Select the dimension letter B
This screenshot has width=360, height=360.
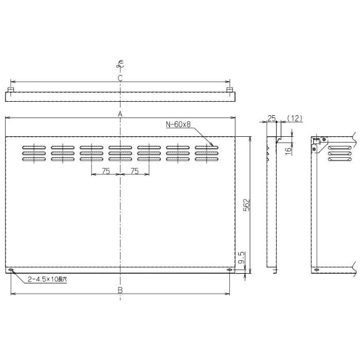(119, 290)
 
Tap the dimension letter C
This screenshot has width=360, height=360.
(119, 78)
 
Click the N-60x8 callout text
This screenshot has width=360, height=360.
(178, 124)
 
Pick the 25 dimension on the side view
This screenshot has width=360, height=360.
(271, 118)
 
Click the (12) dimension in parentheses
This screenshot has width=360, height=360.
(294, 118)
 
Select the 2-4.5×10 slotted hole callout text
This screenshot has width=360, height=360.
(48, 279)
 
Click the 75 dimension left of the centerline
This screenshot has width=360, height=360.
(105, 171)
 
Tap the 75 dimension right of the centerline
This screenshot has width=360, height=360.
(134, 171)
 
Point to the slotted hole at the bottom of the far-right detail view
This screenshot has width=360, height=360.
(315, 271)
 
